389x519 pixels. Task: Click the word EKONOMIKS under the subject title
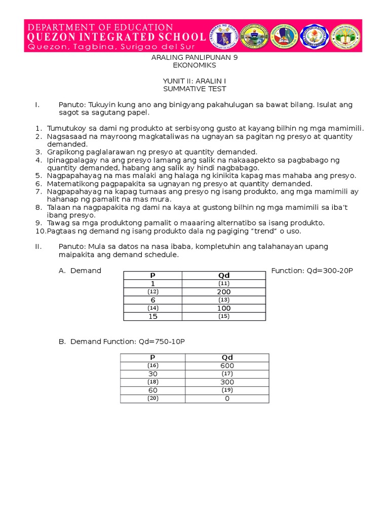[194, 65]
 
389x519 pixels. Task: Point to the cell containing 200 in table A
[224, 292]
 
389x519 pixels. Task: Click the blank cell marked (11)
[224, 284]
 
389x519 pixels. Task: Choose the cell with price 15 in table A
[153, 316]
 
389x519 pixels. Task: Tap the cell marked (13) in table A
[224, 300]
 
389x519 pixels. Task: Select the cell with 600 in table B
[227, 366]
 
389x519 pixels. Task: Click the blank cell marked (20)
[153, 398]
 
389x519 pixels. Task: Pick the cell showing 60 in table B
[153, 390]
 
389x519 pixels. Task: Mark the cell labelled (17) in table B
[227, 374]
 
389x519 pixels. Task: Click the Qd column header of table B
[227, 358]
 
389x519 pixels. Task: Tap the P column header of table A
[153, 275]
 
